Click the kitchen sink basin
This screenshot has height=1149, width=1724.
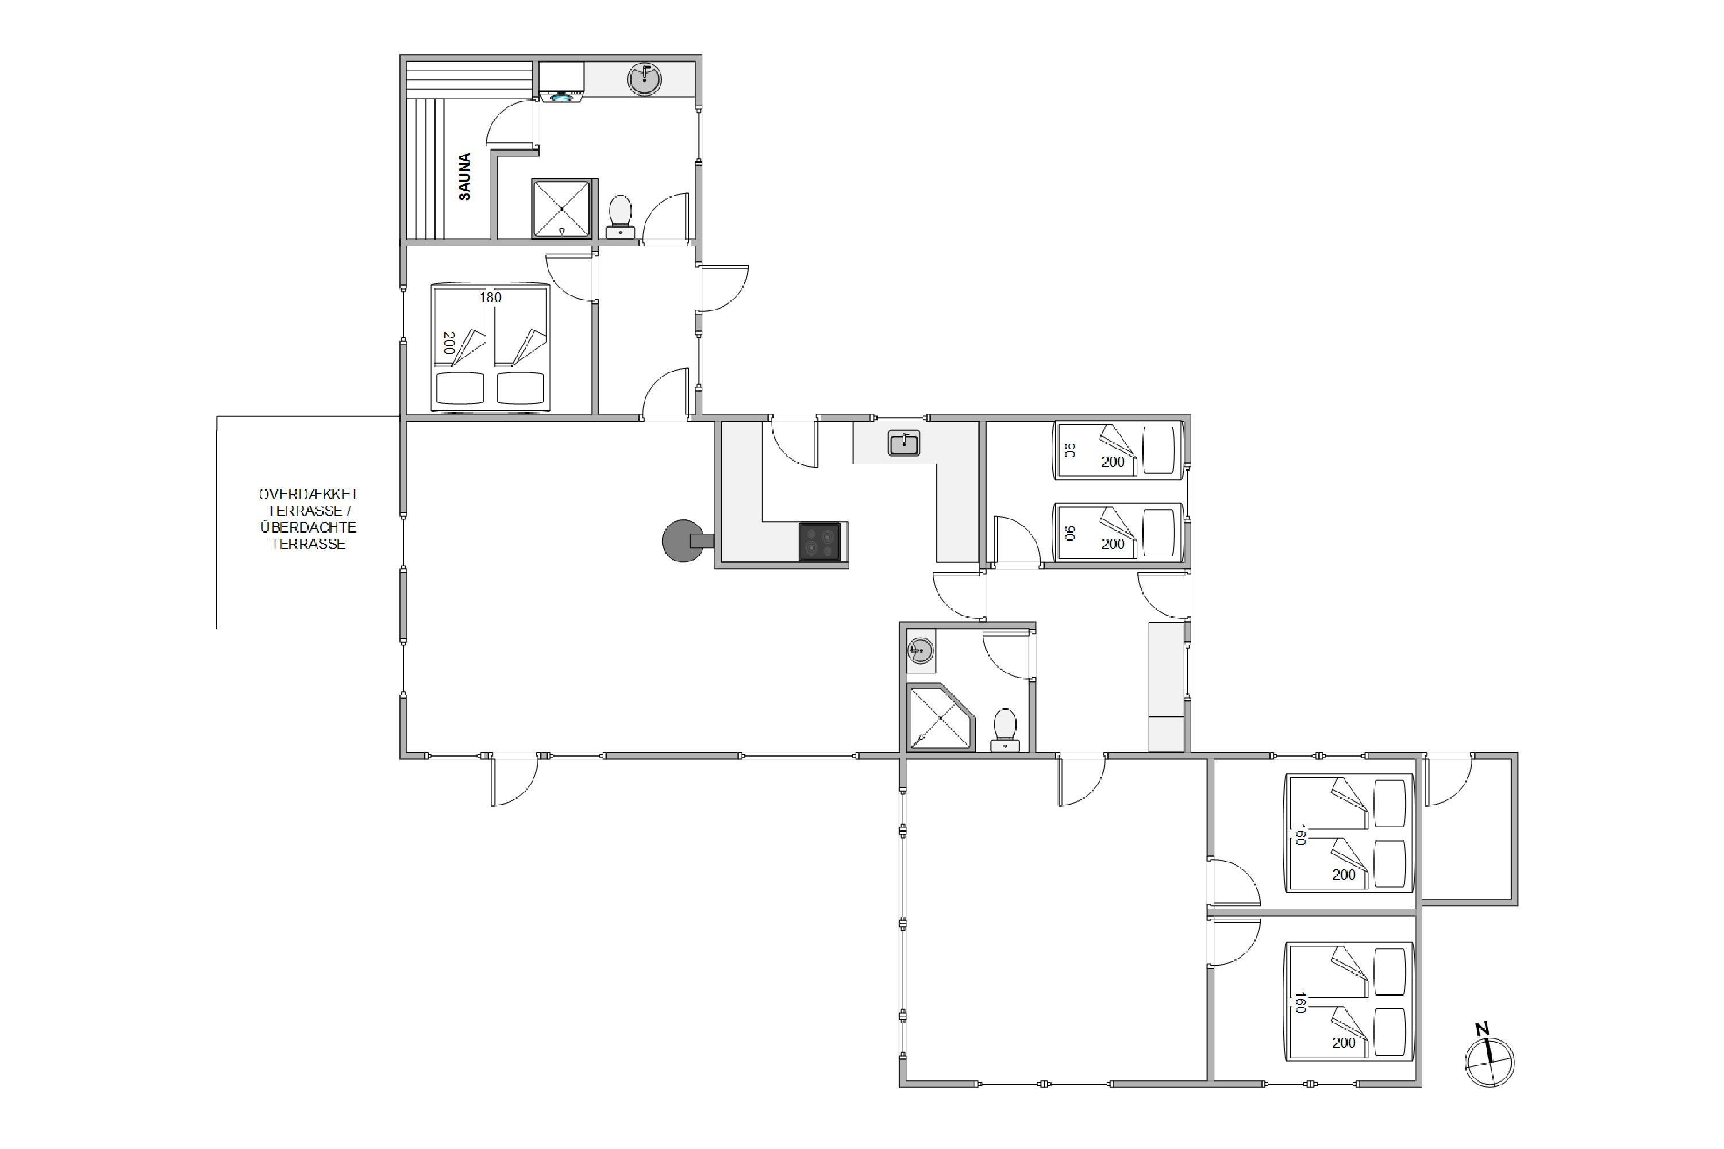[x=904, y=444]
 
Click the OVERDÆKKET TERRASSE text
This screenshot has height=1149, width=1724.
[x=309, y=502]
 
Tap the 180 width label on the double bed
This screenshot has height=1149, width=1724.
[x=490, y=298]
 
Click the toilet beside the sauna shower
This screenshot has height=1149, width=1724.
[x=621, y=216]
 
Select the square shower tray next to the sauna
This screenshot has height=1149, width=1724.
[x=561, y=209]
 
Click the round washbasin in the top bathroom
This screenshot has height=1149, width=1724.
[x=644, y=79]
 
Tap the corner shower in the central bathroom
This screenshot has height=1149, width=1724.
[x=941, y=718]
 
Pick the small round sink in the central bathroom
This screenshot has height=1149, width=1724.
[x=921, y=650]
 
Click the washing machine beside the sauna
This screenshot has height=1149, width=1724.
[x=561, y=82]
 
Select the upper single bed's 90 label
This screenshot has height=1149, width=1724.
[x=1069, y=450]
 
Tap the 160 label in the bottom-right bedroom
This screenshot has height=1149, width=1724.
[x=1300, y=1002]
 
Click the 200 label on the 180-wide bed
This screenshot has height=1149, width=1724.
[x=449, y=343]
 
